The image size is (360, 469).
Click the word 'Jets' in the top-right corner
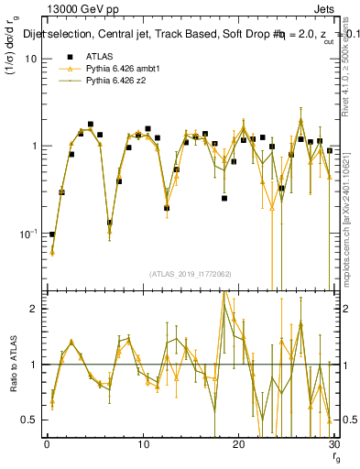[324, 8]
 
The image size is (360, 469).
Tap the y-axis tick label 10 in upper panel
[30, 59]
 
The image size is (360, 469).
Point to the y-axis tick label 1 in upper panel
[34, 147]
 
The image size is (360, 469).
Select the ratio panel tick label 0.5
[29, 420]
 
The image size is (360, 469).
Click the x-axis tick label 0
[47, 444]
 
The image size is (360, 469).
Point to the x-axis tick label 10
[143, 444]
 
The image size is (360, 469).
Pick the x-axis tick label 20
[239, 444]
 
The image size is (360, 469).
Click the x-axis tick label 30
[334, 444]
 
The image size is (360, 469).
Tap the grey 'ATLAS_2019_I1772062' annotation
[191, 274]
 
